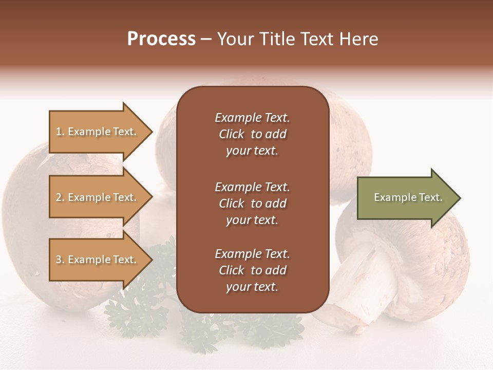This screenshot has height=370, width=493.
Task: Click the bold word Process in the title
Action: [161, 39]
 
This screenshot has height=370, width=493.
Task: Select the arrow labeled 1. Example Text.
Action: [98, 132]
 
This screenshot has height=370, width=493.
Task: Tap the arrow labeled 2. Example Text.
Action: [98, 197]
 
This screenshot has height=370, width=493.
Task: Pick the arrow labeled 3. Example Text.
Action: [98, 260]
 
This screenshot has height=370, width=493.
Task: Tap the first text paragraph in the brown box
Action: [252, 134]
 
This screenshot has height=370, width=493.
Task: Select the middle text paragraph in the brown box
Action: [252, 203]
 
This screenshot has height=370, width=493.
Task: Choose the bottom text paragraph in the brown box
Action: [252, 270]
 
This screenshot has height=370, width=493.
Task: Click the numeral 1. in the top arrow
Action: [60, 132]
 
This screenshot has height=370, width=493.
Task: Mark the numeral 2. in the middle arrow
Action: [60, 197]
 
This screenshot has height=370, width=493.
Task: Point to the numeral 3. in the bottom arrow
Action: [60, 260]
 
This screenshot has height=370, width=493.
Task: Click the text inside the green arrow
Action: [408, 198]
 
